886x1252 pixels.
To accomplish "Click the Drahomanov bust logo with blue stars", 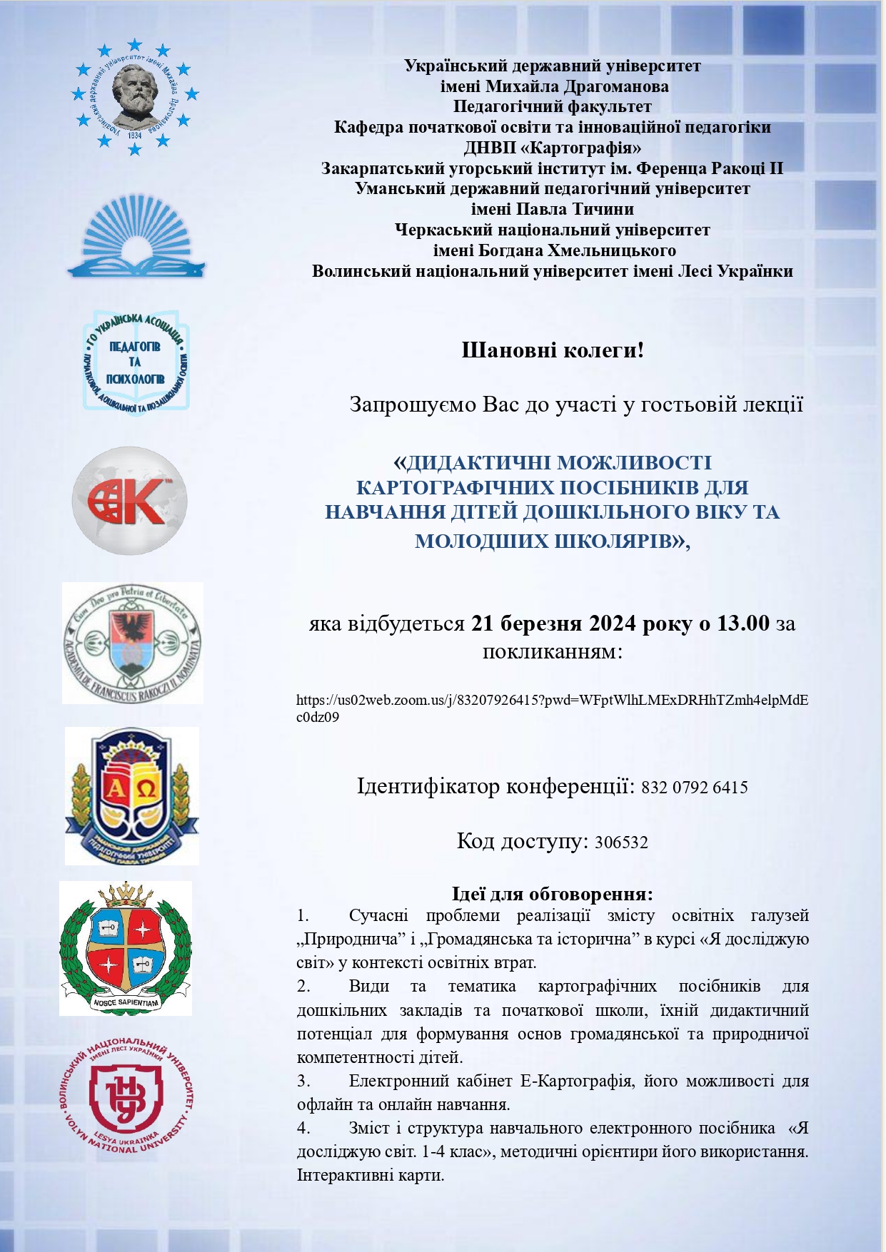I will click(135, 98).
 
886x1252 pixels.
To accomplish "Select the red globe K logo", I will click(129, 500).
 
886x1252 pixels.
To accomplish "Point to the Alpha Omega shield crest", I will click(132, 795).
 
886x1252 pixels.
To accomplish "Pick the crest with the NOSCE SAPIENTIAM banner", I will click(126, 947).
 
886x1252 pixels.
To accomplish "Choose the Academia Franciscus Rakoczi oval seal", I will click(133, 643).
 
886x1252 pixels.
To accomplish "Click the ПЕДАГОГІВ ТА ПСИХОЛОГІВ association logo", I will click(136, 362).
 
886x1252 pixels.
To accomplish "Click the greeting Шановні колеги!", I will click(553, 351).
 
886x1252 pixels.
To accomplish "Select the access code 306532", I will click(621, 843).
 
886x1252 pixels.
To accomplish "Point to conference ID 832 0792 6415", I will click(694, 788).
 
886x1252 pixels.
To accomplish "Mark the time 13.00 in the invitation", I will click(743, 624).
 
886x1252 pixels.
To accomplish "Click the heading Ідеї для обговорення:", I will click(552, 894).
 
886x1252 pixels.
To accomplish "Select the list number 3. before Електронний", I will click(303, 1081).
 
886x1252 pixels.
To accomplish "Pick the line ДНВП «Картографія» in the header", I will click(552, 148).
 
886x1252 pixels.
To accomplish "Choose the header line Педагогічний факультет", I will click(552, 107).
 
